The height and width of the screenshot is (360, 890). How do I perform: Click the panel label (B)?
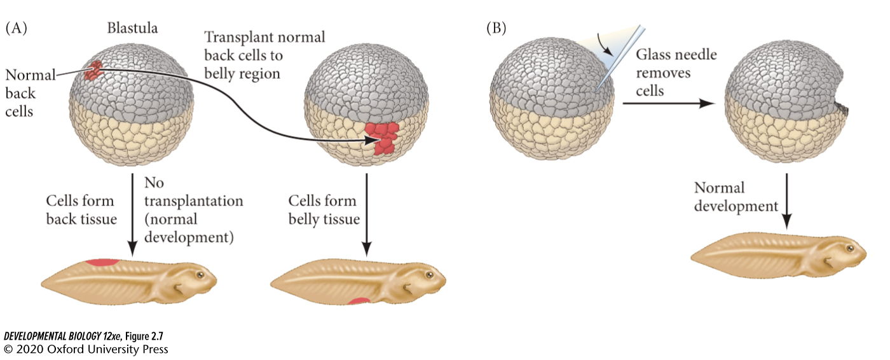(x=496, y=28)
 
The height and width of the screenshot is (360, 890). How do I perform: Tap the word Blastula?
(x=132, y=28)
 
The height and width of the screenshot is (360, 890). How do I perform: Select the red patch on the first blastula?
(x=95, y=70)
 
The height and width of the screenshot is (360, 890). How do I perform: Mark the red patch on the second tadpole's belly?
(x=359, y=301)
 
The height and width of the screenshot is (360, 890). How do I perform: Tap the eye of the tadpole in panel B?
(x=850, y=246)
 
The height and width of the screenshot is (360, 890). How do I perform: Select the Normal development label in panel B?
(x=736, y=197)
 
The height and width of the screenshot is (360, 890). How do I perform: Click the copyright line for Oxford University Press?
(x=86, y=349)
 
